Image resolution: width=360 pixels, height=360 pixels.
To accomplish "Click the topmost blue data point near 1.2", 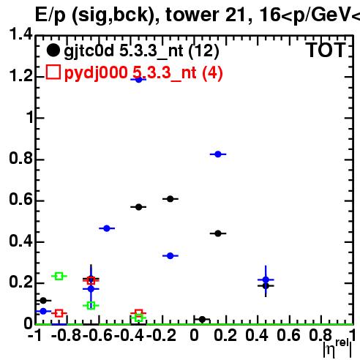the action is (138, 80).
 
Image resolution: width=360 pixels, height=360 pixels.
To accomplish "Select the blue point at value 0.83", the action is (218, 154).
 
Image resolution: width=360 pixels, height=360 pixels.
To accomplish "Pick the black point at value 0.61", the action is (170, 199).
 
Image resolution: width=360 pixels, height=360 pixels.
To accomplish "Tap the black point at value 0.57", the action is (138, 207).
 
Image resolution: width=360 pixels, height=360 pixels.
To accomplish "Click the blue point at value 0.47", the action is (107, 228).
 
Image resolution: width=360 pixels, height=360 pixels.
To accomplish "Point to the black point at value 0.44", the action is (218, 233).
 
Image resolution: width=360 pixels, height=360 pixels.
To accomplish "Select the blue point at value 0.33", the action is (170, 256).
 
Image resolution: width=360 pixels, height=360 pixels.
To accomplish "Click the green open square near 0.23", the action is (59, 276).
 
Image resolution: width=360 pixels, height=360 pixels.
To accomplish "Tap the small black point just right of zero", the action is (202, 319).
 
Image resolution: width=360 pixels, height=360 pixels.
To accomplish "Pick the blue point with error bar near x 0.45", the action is (266, 280).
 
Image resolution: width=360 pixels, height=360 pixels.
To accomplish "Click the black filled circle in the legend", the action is (53, 50).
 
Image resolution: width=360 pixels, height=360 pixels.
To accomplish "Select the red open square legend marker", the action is (53, 72).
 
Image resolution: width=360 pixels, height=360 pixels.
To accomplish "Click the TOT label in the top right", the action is (326, 50).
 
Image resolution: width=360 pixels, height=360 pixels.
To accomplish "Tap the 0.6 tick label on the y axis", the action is (20, 199).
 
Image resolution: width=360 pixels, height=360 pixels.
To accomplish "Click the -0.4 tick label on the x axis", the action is (130, 335).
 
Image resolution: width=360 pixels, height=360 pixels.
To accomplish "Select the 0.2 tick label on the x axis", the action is (225, 335).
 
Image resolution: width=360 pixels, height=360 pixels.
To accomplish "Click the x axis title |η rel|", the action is (337, 348).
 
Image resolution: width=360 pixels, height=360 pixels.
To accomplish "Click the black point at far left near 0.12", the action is (43, 301).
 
